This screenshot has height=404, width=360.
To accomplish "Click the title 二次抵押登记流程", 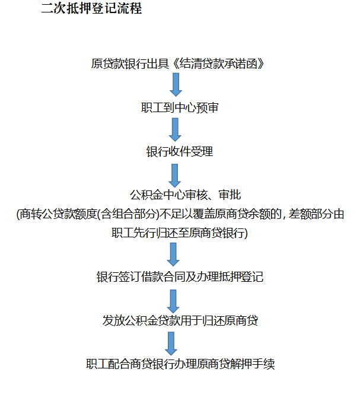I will [x=91, y=10].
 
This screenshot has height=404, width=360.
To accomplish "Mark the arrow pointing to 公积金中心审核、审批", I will [x=174, y=173].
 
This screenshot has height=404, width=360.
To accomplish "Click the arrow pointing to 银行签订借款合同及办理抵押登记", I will [x=173, y=254].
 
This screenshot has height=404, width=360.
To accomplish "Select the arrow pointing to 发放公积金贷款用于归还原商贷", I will [x=173, y=300].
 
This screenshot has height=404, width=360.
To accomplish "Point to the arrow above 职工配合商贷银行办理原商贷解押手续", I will [x=171, y=343].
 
